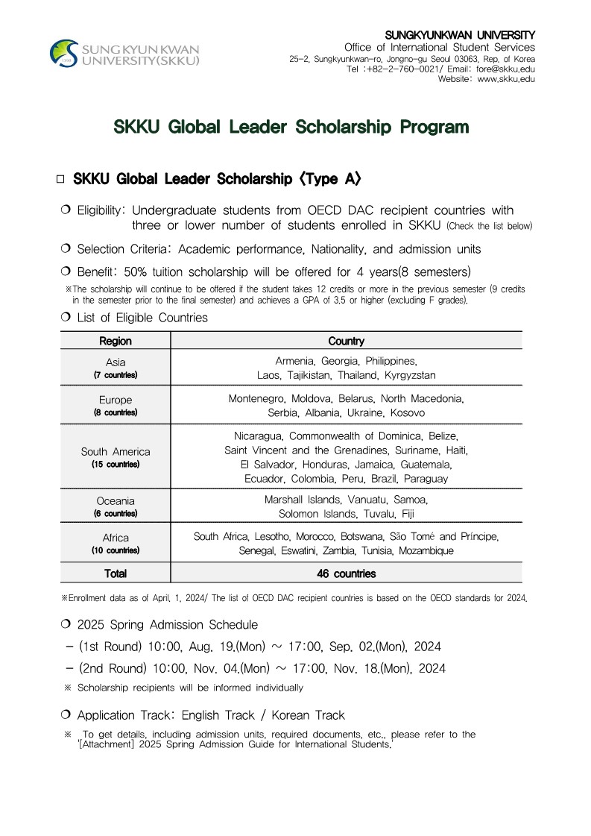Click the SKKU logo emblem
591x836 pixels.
click(63, 54)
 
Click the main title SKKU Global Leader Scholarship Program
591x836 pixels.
click(291, 127)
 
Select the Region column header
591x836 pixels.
click(115, 341)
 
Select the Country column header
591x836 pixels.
click(346, 341)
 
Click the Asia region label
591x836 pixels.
click(115, 362)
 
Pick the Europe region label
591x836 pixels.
click(115, 400)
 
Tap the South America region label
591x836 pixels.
click(115, 451)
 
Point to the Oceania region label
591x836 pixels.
click(115, 500)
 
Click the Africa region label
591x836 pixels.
click(115, 538)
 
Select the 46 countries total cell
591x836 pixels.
click(346, 573)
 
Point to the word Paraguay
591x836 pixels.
click(426, 479)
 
